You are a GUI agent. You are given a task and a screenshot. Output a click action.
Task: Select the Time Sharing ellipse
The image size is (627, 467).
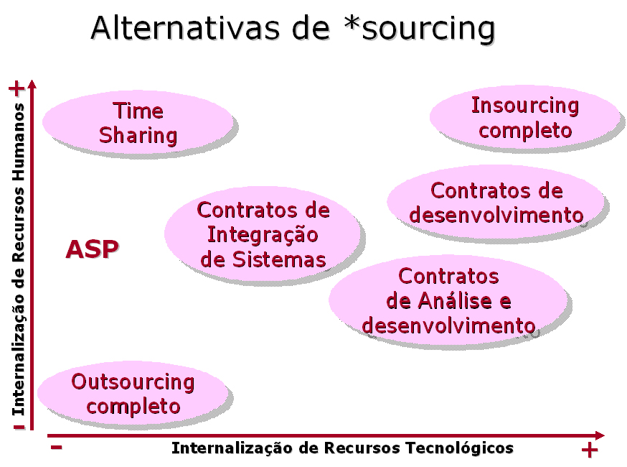[x=138, y=123]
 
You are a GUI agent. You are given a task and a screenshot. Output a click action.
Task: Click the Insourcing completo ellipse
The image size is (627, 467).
[x=525, y=118]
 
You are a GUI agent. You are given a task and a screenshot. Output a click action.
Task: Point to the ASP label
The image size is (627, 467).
[x=93, y=249]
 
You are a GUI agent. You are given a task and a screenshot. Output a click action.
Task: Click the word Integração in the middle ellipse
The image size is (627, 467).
[x=263, y=234]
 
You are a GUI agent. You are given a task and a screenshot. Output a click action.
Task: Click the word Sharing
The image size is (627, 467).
[x=138, y=135]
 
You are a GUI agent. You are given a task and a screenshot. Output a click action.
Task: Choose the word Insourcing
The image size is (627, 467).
[x=525, y=106]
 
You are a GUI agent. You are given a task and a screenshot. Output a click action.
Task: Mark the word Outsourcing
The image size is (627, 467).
[x=133, y=382]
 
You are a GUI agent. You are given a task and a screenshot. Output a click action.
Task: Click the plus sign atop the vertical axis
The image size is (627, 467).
[x=16, y=88]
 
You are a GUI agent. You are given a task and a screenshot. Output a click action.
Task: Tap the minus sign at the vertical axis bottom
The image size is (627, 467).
[x=18, y=427]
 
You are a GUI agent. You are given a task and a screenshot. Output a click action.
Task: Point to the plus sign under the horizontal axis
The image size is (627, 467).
[x=589, y=451]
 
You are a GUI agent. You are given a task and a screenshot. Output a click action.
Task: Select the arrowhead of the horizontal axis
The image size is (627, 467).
[x=600, y=435]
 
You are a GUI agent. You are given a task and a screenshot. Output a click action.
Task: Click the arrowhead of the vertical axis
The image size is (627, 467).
[x=32, y=85]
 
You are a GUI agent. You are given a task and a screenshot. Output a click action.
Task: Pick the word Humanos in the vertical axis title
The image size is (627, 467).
[x=18, y=133]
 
